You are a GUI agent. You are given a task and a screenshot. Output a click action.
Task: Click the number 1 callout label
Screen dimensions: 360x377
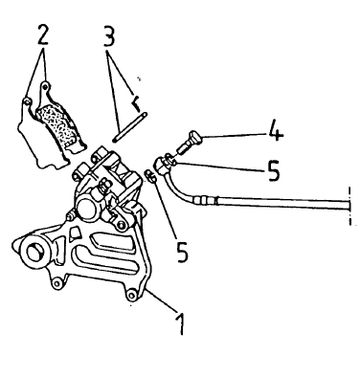[x=181, y=322]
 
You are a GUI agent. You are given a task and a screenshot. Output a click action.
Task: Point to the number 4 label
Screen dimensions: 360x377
[x=276, y=130]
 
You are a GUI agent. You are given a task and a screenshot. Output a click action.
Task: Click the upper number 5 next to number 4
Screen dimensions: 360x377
[x=272, y=171]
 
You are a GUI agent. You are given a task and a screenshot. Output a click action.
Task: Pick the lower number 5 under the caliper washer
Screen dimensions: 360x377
[x=182, y=252]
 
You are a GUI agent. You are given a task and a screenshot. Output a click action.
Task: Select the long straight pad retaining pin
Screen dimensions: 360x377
[x=130, y=126]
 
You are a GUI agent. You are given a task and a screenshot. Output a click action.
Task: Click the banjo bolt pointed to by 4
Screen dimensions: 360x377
[x=189, y=141]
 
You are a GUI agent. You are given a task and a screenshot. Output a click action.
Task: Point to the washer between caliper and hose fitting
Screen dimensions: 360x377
[x=150, y=176]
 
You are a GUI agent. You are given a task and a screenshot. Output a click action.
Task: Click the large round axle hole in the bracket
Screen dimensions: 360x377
[x=34, y=253]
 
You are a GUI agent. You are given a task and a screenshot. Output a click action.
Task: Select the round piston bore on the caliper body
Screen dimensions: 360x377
[x=86, y=209]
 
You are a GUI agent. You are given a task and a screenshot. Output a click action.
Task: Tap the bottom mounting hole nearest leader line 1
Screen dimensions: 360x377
[x=131, y=295]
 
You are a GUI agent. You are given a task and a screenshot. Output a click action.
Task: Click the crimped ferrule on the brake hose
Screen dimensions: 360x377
[x=205, y=201]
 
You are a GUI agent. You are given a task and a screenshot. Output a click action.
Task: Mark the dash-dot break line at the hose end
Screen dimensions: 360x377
[x=350, y=206]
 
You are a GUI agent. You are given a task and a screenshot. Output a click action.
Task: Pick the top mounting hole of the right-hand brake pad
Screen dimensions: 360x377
[x=46, y=85]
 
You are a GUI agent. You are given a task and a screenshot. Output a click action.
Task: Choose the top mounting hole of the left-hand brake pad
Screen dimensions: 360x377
[x=27, y=101]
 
